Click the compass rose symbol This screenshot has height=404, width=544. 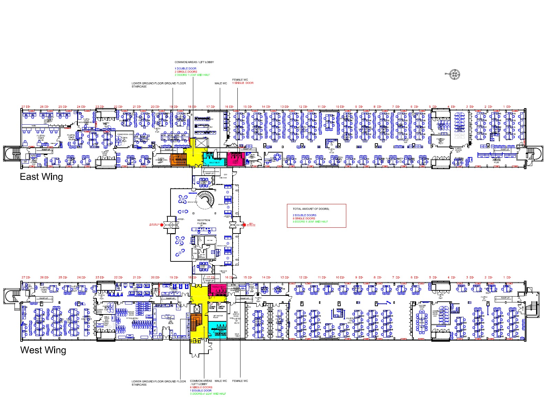455,74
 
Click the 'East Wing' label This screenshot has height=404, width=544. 41,177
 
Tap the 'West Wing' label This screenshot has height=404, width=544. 43,350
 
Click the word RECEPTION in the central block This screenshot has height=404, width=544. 203,220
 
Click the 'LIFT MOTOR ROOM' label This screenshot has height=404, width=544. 218,316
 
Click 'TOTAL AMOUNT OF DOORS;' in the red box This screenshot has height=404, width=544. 311,209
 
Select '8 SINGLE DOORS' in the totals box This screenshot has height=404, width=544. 304,218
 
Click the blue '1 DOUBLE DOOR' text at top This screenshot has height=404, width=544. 185,69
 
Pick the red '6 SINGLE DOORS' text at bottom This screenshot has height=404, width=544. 201,387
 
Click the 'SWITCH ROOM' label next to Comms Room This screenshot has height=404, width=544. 221,307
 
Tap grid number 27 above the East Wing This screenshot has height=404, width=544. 23,107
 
